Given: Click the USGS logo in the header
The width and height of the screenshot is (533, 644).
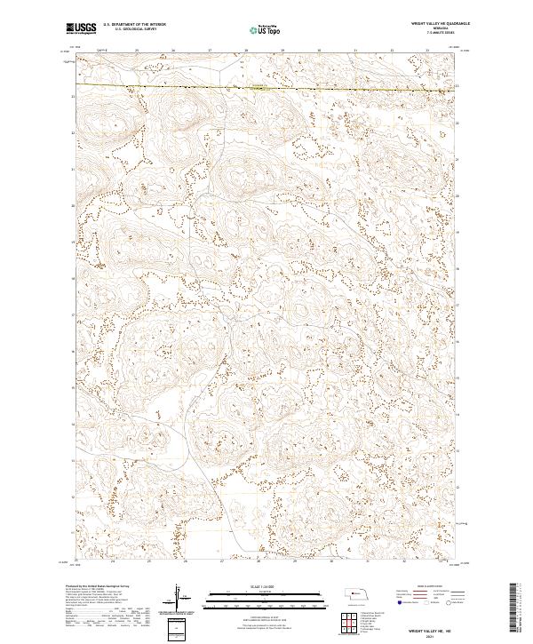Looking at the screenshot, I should (79, 28).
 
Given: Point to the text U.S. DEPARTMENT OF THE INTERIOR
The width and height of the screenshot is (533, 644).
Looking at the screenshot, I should (134, 24).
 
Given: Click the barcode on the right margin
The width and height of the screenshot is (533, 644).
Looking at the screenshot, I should (513, 611).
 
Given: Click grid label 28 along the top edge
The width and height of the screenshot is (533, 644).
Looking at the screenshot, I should (246, 50).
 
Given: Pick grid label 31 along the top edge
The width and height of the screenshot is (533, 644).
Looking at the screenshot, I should (355, 50).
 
